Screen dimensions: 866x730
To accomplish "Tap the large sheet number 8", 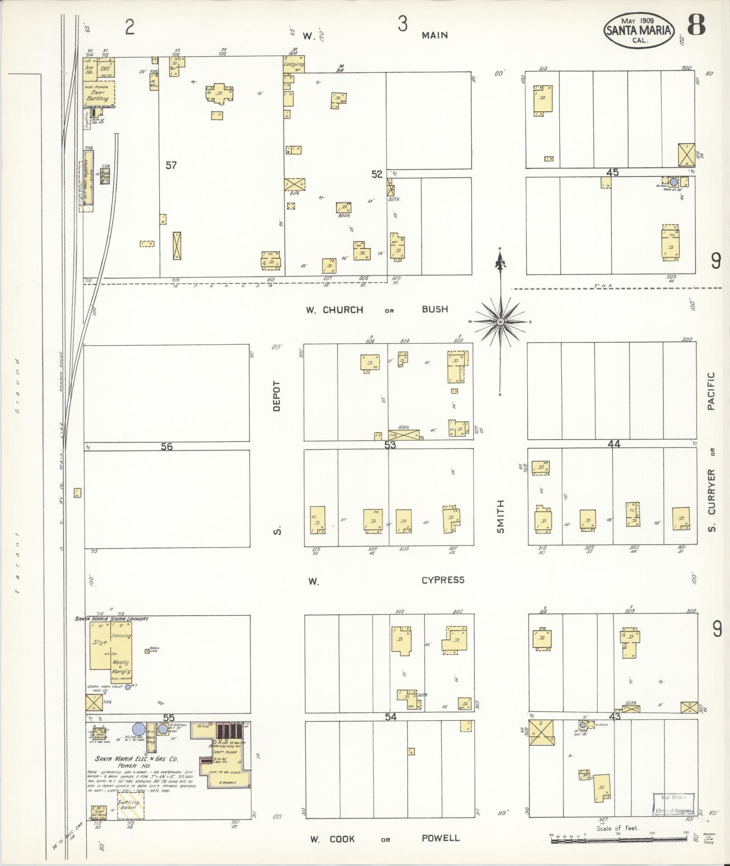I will point(696,25).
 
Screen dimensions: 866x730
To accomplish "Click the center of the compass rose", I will point(501,321).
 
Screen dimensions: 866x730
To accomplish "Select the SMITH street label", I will point(500,516).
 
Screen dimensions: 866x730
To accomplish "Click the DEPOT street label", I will point(277,396).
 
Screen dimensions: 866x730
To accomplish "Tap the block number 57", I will point(171,165).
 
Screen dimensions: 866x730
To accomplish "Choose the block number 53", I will point(390,445).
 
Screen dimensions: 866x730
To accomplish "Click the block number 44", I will point(614,444).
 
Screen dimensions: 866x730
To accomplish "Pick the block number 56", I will point(167,447).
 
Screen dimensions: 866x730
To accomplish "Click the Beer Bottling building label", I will point(98,95).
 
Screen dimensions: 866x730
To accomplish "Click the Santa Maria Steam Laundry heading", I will point(112,618).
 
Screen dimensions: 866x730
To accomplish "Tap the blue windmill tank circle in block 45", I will point(673,182).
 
